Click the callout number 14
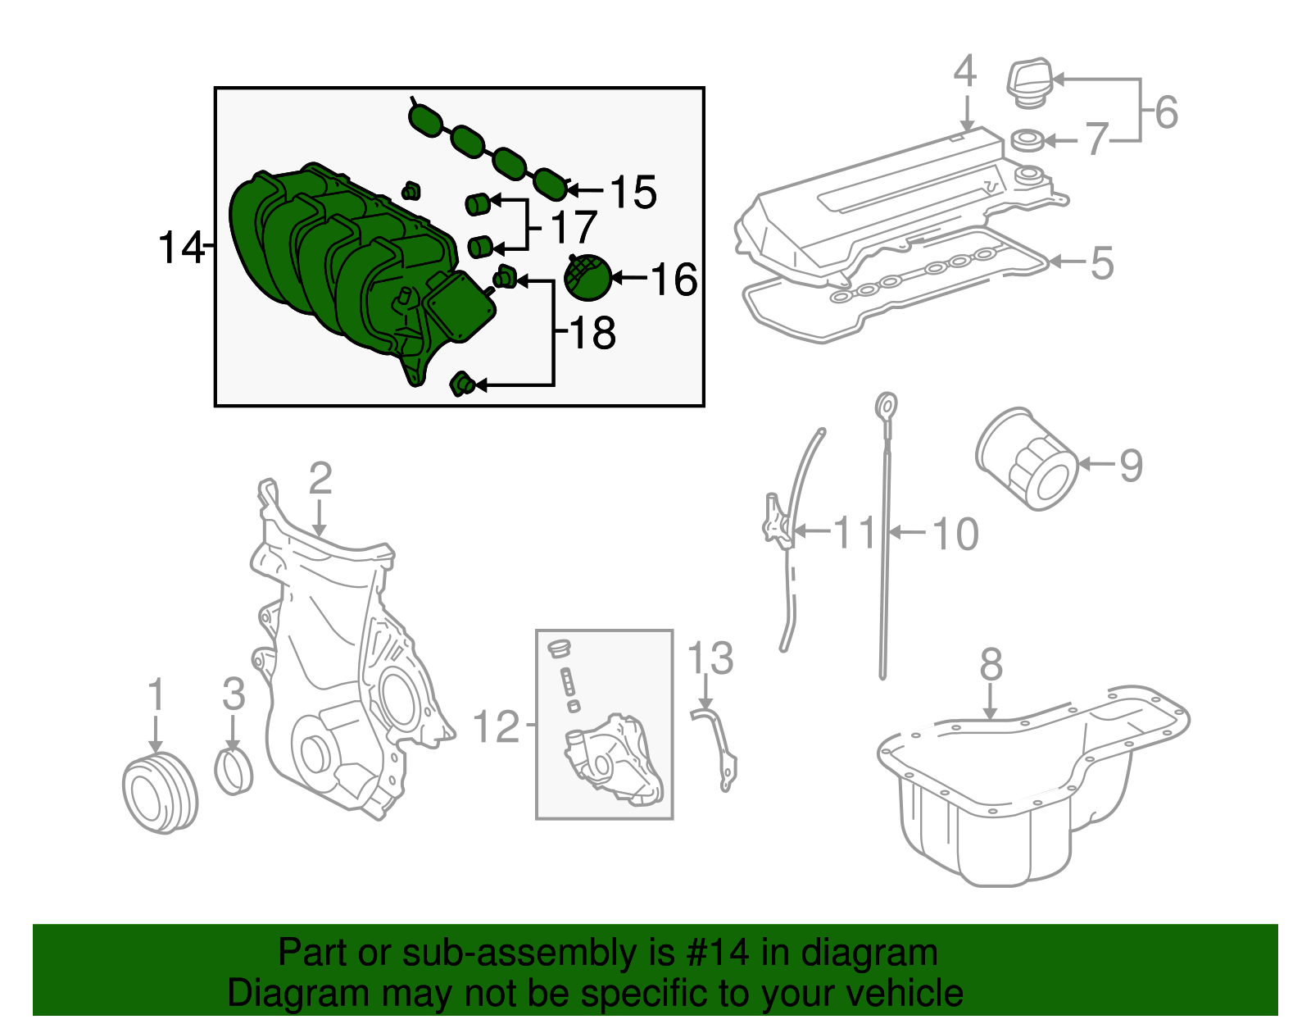tap(179, 247)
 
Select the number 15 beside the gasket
tap(633, 193)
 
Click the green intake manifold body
tap(328, 262)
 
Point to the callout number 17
tap(573, 227)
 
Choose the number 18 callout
tap(592, 333)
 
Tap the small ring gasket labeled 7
tap(1027, 140)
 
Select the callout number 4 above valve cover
tap(965, 71)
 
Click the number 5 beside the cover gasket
tap(1102, 263)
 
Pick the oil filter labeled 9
tap(1027, 460)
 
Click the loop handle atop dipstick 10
tap(887, 405)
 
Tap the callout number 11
tap(855, 533)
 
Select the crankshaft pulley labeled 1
tap(160, 792)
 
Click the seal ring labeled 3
tap(234, 771)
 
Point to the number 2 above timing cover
tap(320, 478)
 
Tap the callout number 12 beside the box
tap(497, 726)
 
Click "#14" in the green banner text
tap(713, 953)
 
